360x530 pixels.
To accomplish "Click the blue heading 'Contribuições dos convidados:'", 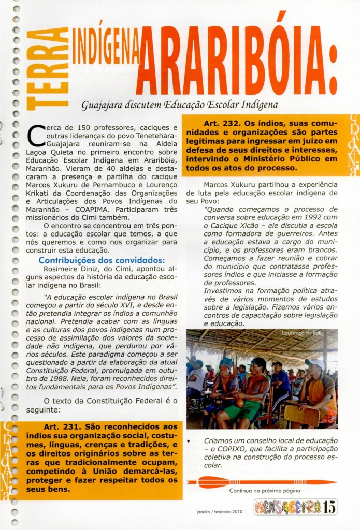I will click(x=102, y=260).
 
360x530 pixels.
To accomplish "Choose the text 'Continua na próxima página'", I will click(x=264, y=491).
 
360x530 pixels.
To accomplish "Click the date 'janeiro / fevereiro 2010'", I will click(x=220, y=511).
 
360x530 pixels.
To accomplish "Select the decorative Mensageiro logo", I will click(x=288, y=507).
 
